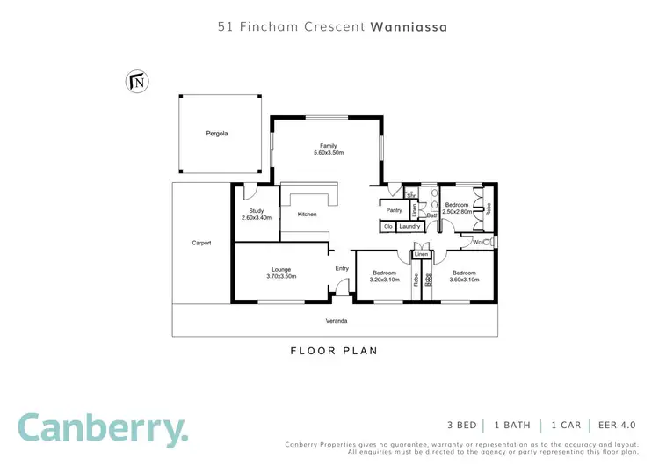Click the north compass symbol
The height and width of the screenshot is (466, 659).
pos(138,81)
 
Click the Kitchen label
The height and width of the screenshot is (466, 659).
pos(307,215)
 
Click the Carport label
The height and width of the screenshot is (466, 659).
pos(201,243)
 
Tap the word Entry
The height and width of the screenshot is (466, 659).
pos(343,269)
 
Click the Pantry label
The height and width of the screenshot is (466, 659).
pos(395,210)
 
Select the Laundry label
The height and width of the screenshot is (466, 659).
pos(409,227)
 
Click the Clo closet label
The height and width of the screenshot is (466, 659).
pos(387,227)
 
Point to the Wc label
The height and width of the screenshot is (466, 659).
pos(478,242)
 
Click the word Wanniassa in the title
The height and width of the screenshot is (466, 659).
pos(409,27)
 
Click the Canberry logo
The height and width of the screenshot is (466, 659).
pos(103,428)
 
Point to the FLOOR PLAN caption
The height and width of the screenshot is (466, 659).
pos(334,351)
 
